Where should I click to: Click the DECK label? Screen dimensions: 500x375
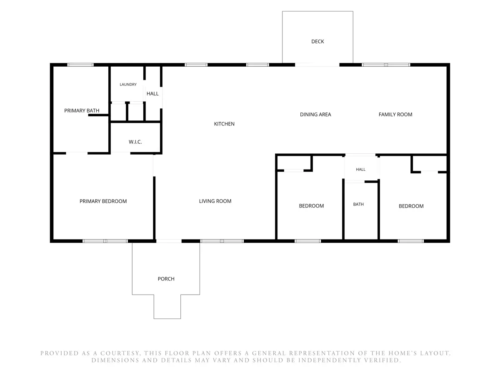pos(317,41)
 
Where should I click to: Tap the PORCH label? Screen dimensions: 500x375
pos(166,279)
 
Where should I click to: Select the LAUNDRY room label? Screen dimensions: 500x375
pos(128,85)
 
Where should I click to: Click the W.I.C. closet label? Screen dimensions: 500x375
pos(135,142)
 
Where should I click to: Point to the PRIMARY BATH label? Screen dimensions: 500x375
pos(82,111)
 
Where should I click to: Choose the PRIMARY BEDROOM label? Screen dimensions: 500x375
pos(103,201)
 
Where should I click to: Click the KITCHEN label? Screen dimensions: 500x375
pos(224,124)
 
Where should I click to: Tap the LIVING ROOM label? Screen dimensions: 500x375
pos(215,201)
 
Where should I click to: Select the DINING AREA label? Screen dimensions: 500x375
pos(315,115)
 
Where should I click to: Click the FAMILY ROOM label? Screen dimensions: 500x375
pos(395,115)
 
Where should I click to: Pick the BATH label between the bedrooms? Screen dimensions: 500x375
pos(358,204)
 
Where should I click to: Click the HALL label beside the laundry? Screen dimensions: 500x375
pos(152,94)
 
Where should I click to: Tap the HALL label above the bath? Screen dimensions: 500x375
pos(360,170)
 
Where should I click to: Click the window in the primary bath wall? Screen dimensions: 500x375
pos(80,65)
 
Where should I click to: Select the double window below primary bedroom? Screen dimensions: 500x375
pos(105,241)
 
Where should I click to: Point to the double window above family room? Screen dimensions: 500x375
pos(386,65)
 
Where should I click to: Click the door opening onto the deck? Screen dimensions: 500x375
pos(317,65)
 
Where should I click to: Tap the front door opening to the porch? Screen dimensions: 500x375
pos(169,241)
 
